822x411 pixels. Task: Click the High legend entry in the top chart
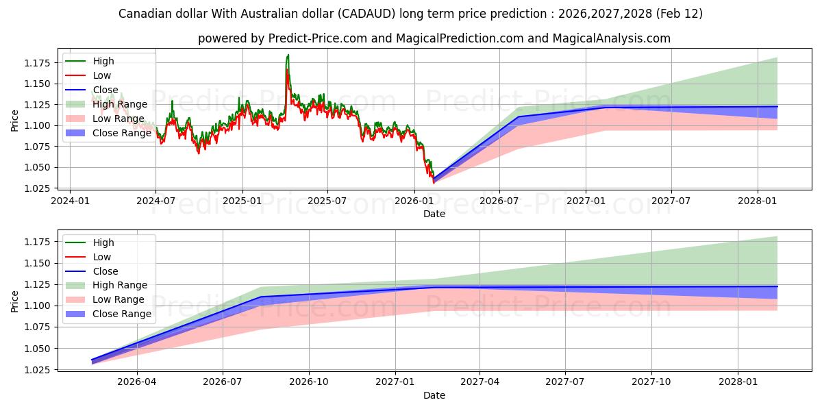pos(103,61)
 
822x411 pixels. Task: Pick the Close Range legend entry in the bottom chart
pos(122,314)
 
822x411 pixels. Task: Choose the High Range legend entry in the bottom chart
pos(120,285)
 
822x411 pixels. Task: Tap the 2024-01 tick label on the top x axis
pos(71,201)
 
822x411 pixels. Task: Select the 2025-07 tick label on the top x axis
pos(327,201)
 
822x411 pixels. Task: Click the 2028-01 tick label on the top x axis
pos(758,201)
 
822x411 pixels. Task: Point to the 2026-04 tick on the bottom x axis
pos(137,382)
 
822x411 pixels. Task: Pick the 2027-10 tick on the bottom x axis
pos(651,382)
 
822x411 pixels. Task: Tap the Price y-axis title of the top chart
pos(15,121)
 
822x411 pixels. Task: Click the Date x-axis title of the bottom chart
pos(434,395)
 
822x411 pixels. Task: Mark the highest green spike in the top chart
pos(288,55)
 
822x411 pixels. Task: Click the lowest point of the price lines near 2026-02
pos(433,183)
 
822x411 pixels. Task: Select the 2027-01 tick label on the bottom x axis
pos(396,382)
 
